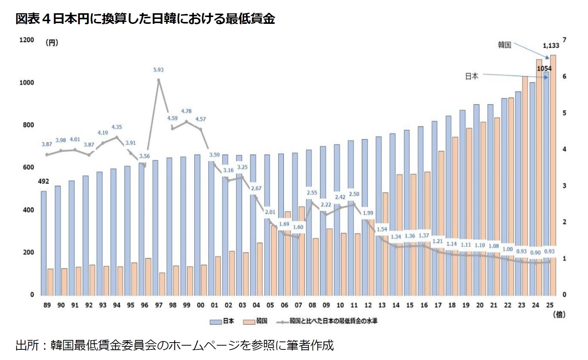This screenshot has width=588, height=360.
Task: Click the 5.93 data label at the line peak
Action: coord(158,70)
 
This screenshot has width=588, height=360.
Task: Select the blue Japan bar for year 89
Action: coord(44,243)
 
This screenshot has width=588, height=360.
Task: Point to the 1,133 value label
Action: coord(551,46)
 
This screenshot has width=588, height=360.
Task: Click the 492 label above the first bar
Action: coord(44,182)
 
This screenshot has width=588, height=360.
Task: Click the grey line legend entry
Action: coord(328,321)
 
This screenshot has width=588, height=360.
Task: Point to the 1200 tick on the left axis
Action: coord(27,40)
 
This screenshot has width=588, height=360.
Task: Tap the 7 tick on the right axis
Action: coord(564,40)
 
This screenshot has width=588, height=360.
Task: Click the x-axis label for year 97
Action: coord(158,305)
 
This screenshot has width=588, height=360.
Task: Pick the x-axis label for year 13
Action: coord(382,305)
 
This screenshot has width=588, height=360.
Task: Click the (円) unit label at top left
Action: coord(52,43)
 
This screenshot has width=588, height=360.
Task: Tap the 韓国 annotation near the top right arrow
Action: coord(505,45)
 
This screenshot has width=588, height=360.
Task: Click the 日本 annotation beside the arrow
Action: coord(472,76)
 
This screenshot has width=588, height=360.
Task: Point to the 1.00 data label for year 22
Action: coord(507,249)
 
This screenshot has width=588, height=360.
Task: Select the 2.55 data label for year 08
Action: coord(312,193)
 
